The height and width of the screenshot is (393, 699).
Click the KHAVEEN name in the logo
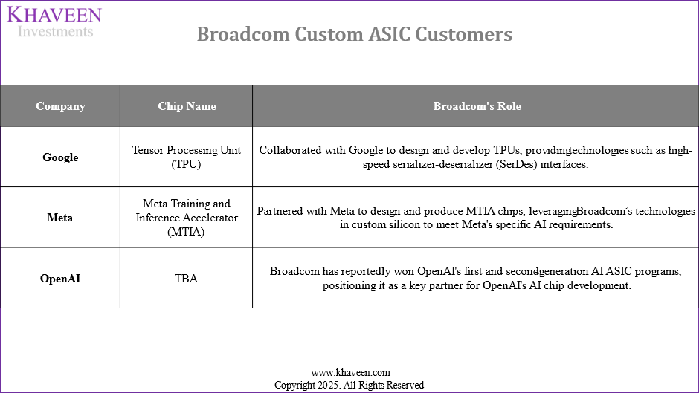point(54,14)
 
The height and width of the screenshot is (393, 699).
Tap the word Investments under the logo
point(55,31)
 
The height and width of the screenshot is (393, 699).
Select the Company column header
point(60,106)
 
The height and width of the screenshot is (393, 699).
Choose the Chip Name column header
point(187,106)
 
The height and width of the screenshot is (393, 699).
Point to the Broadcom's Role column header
point(477,106)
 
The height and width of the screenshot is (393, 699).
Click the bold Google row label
point(60,157)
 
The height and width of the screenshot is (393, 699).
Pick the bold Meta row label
point(60,218)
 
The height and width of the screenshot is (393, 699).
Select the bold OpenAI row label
point(60,279)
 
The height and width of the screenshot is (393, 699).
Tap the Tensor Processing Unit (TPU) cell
point(187,157)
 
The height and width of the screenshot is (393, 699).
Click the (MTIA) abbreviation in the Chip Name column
point(187,232)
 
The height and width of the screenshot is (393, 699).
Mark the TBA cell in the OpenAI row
point(187,279)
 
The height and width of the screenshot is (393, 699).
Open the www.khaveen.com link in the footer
point(349,372)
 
